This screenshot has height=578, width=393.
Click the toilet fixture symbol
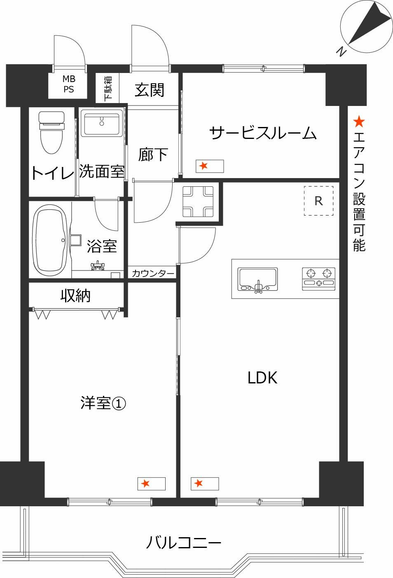(51, 132)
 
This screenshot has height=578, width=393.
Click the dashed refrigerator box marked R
(318, 201)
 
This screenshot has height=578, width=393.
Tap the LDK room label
(262, 378)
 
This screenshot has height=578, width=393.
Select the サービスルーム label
(263, 133)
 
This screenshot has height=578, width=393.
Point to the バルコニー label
(183, 543)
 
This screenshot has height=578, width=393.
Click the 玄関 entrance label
(150, 89)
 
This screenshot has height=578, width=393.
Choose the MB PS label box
(68, 84)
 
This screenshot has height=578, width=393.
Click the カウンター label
(153, 273)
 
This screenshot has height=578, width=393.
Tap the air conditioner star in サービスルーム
(203, 166)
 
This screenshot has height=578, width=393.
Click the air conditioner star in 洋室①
(145, 483)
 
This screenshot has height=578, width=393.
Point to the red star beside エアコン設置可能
(359, 122)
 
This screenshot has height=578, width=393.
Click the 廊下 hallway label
(153, 155)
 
